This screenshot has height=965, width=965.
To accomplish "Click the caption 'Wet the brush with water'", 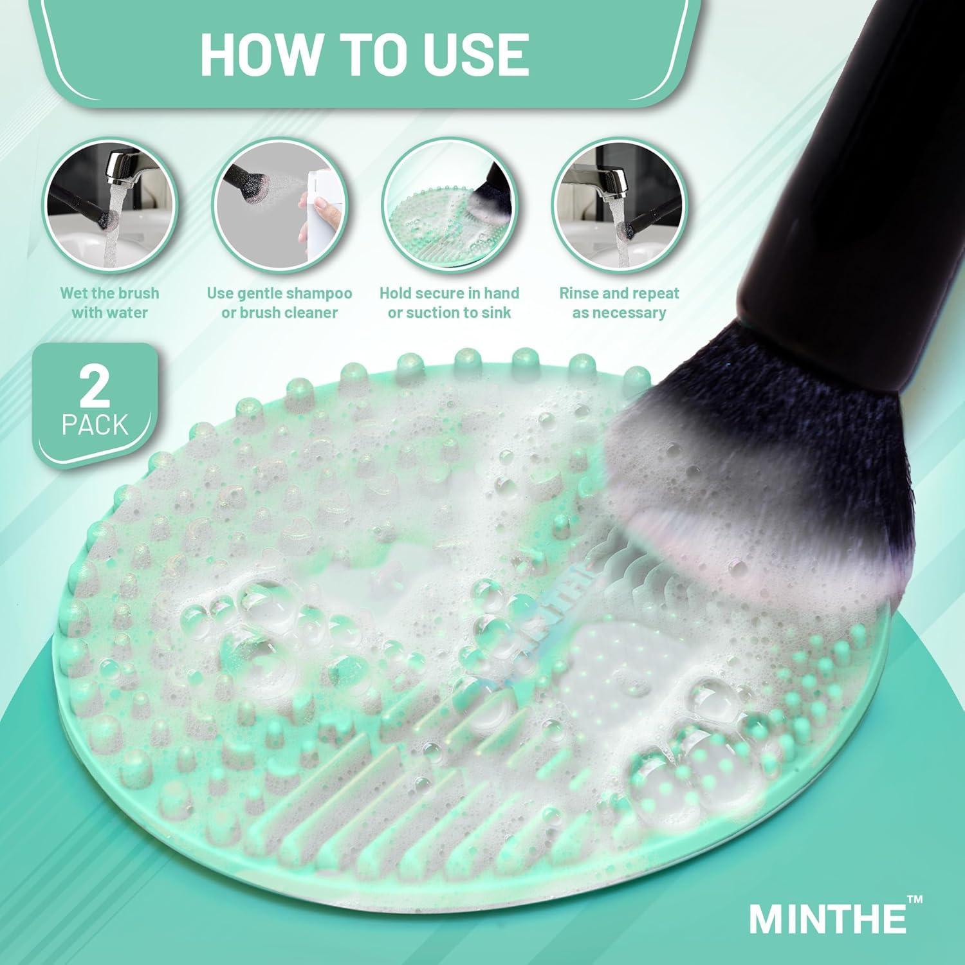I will coord(109,303).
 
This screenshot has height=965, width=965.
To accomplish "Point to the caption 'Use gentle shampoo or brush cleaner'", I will coord(279,303).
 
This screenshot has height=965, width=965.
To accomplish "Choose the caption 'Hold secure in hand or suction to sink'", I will coord(449,303).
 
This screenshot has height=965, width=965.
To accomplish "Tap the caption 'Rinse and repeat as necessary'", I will coord(619,303).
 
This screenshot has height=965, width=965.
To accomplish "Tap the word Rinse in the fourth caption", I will coord(576,293).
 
